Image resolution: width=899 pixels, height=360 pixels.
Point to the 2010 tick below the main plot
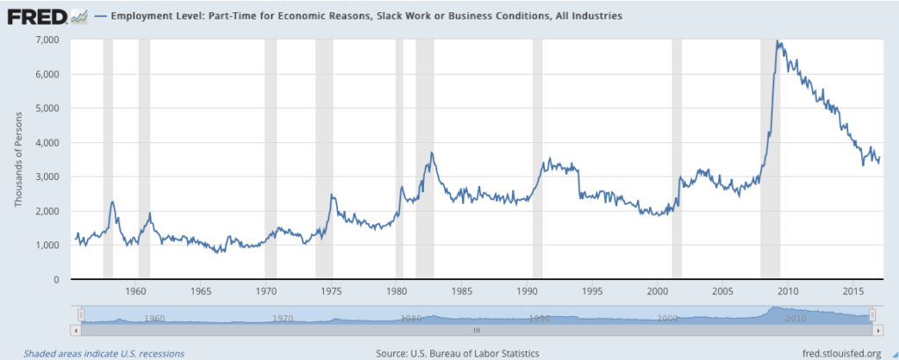pos(788,291)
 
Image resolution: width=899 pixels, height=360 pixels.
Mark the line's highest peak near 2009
pos(778,41)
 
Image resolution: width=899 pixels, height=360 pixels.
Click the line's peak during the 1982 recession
pos(432,153)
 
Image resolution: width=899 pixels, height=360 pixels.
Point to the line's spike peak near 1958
pos(112,202)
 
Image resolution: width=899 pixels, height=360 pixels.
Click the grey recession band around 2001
pos(677,158)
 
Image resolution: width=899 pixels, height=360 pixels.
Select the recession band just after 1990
pos(537,158)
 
